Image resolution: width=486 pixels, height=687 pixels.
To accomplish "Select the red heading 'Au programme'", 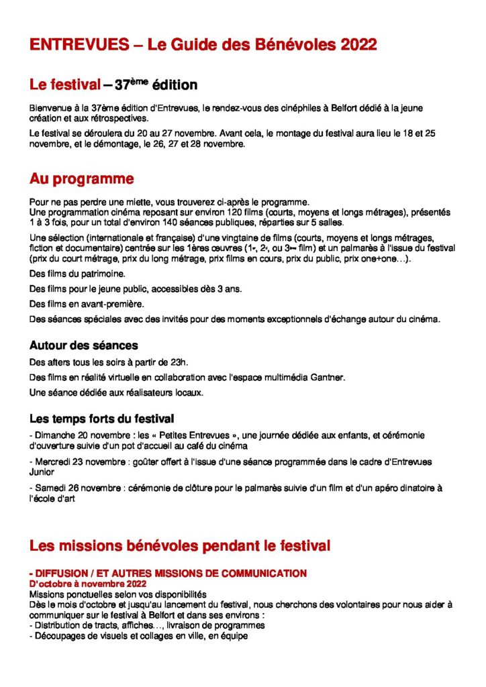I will pos(81,179).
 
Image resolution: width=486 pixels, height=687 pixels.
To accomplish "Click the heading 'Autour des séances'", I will pos(83,346).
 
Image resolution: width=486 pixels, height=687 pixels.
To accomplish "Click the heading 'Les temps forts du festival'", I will pos(102,419).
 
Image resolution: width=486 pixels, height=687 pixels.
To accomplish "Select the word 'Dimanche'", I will pos(56,435).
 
